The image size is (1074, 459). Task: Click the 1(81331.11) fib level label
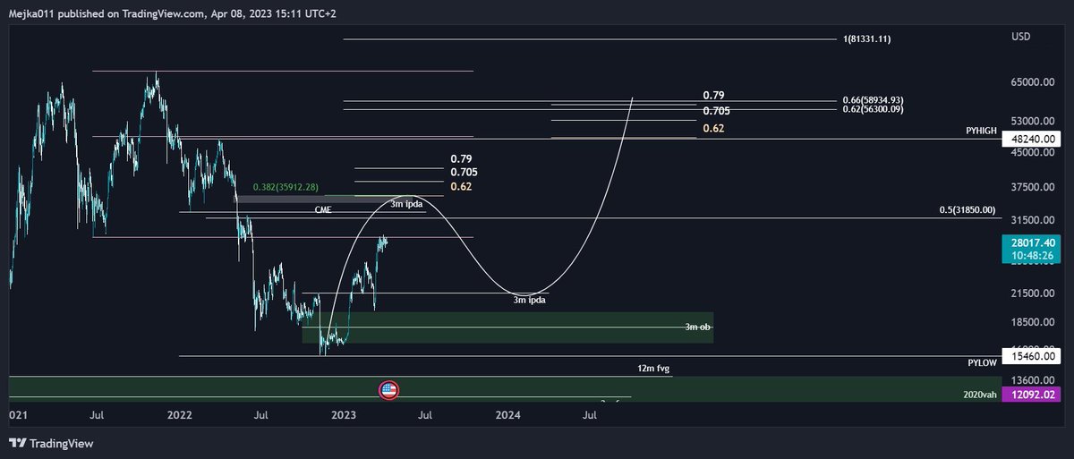click(866, 39)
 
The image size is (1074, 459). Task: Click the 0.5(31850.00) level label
click(966, 210)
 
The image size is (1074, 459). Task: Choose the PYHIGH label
click(983, 131)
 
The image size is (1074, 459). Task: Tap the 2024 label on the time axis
click(508, 415)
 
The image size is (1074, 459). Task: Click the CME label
click(323, 209)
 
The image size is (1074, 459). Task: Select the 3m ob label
click(698, 327)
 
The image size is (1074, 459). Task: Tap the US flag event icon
click(388, 389)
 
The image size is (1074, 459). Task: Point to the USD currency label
click(1020, 37)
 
